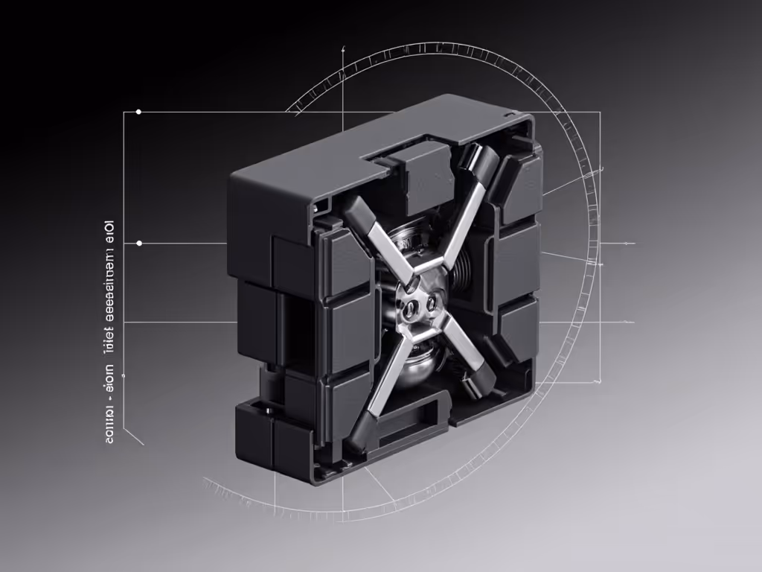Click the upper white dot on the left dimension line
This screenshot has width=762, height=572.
138,112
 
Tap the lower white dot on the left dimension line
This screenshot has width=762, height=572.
138,243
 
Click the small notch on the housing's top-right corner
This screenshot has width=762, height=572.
510,115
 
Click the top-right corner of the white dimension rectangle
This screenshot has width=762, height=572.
600,112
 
